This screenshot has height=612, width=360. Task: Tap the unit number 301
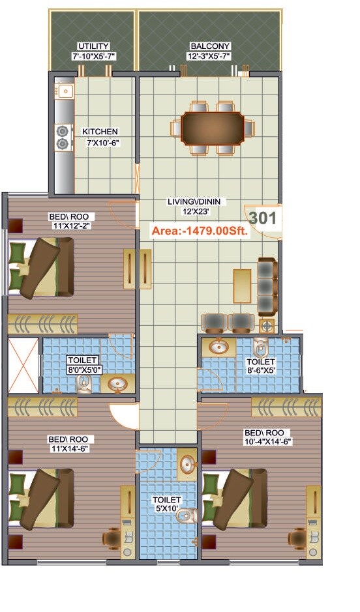click(263, 219)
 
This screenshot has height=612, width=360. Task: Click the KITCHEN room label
click(100, 132)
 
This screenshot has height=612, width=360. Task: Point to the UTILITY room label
click(94, 46)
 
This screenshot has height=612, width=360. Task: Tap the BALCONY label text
click(209, 46)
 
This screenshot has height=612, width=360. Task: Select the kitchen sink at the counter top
click(65, 91)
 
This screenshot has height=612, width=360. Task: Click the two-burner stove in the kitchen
click(63, 137)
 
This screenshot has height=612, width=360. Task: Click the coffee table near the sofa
click(242, 286)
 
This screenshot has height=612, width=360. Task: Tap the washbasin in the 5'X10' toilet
click(187, 465)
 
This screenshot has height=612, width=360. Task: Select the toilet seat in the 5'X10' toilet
click(187, 517)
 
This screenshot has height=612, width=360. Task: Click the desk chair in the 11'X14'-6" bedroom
click(112, 538)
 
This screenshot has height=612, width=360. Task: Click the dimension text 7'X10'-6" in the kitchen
click(100, 141)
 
